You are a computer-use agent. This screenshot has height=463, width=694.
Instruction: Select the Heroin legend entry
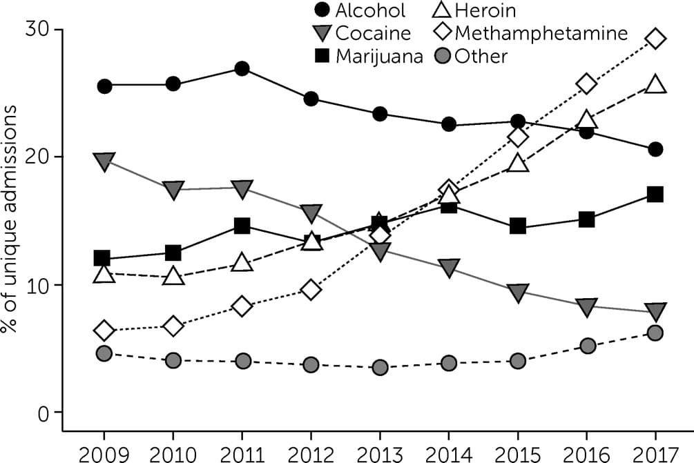tap(476, 10)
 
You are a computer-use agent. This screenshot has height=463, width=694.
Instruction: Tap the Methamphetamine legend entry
tap(532, 33)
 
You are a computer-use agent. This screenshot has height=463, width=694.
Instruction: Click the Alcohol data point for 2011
tap(242, 68)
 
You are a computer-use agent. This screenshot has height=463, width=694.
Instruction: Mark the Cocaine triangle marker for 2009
tap(104, 162)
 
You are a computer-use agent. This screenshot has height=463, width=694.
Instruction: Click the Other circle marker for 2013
tap(380, 368)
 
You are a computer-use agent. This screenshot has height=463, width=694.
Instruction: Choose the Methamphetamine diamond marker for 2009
tap(104, 331)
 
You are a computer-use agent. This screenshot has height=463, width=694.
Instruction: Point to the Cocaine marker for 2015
tap(518, 293)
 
